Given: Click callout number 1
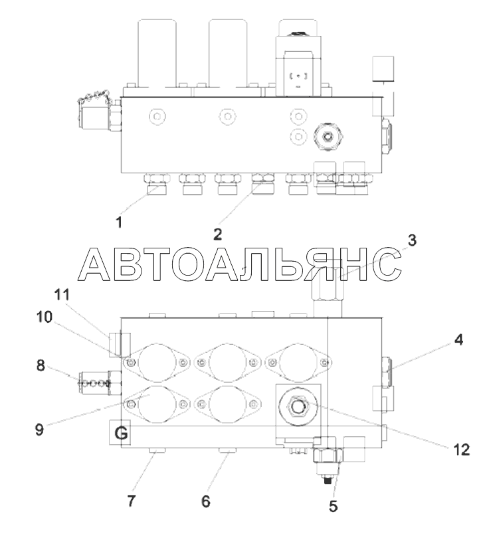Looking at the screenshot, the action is tap(119, 222).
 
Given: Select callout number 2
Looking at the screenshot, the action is tap(217, 234).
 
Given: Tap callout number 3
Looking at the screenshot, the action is tap(412, 240).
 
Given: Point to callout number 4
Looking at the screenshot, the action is tap(459, 339).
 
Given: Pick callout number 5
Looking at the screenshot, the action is tap(333, 506).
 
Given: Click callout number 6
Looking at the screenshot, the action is tap(206, 501).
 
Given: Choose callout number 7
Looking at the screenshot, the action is tap(132, 501).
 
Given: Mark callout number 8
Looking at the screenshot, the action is tap(41, 365).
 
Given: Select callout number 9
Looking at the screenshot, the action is tap(39, 430).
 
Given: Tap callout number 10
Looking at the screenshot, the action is tap(45, 317).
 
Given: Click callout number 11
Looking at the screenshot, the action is tap(62, 295).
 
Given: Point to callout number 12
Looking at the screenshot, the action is tap(462, 450).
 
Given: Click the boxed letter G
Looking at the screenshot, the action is tap(121, 434).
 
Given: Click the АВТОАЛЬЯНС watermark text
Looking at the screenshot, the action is tap(239, 264).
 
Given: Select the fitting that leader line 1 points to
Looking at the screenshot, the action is tap(157, 184).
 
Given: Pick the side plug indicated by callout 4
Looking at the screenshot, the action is tap(387, 371).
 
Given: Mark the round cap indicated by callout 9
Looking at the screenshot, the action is tap(149, 404).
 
